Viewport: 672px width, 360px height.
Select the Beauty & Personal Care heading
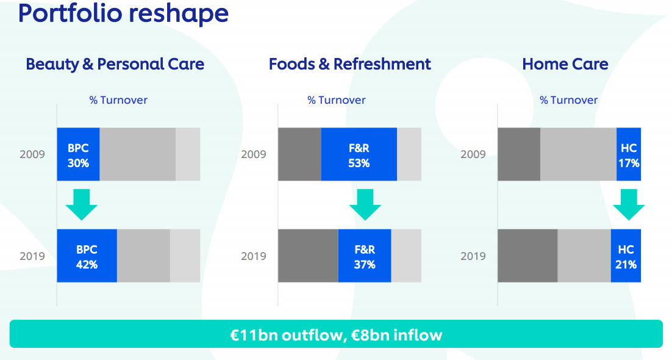tap(115, 64)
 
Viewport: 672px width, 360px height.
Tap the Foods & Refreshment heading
tap(350, 64)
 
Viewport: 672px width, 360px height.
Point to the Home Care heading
tap(565, 64)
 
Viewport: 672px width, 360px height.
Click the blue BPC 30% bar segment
tap(78, 154)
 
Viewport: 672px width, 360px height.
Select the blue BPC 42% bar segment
tap(87, 256)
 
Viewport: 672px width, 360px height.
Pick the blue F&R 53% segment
tap(359, 154)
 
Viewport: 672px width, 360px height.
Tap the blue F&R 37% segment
tap(365, 256)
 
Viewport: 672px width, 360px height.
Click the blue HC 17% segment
tap(629, 154)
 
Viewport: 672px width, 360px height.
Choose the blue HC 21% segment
tap(626, 256)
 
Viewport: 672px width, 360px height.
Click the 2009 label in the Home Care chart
tap(473, 154)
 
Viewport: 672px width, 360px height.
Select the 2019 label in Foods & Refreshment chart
tap(254, 256)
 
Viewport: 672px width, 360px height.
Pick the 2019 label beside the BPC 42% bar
tap(32, 256)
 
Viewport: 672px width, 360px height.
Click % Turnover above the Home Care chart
tap(569, 100)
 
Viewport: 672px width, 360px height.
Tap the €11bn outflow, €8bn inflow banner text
tap(336, 334)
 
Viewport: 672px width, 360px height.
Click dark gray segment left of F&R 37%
tap(308, 256)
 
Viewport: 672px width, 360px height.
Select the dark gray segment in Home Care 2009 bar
tap(519, 154)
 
